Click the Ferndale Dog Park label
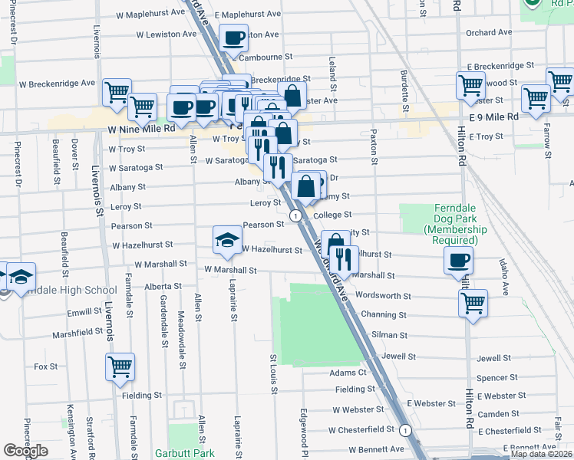[439, 224]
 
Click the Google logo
[25, 451]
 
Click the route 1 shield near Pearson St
[296, 216]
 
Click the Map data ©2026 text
[540, 454]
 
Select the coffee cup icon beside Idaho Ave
[458, 260]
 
